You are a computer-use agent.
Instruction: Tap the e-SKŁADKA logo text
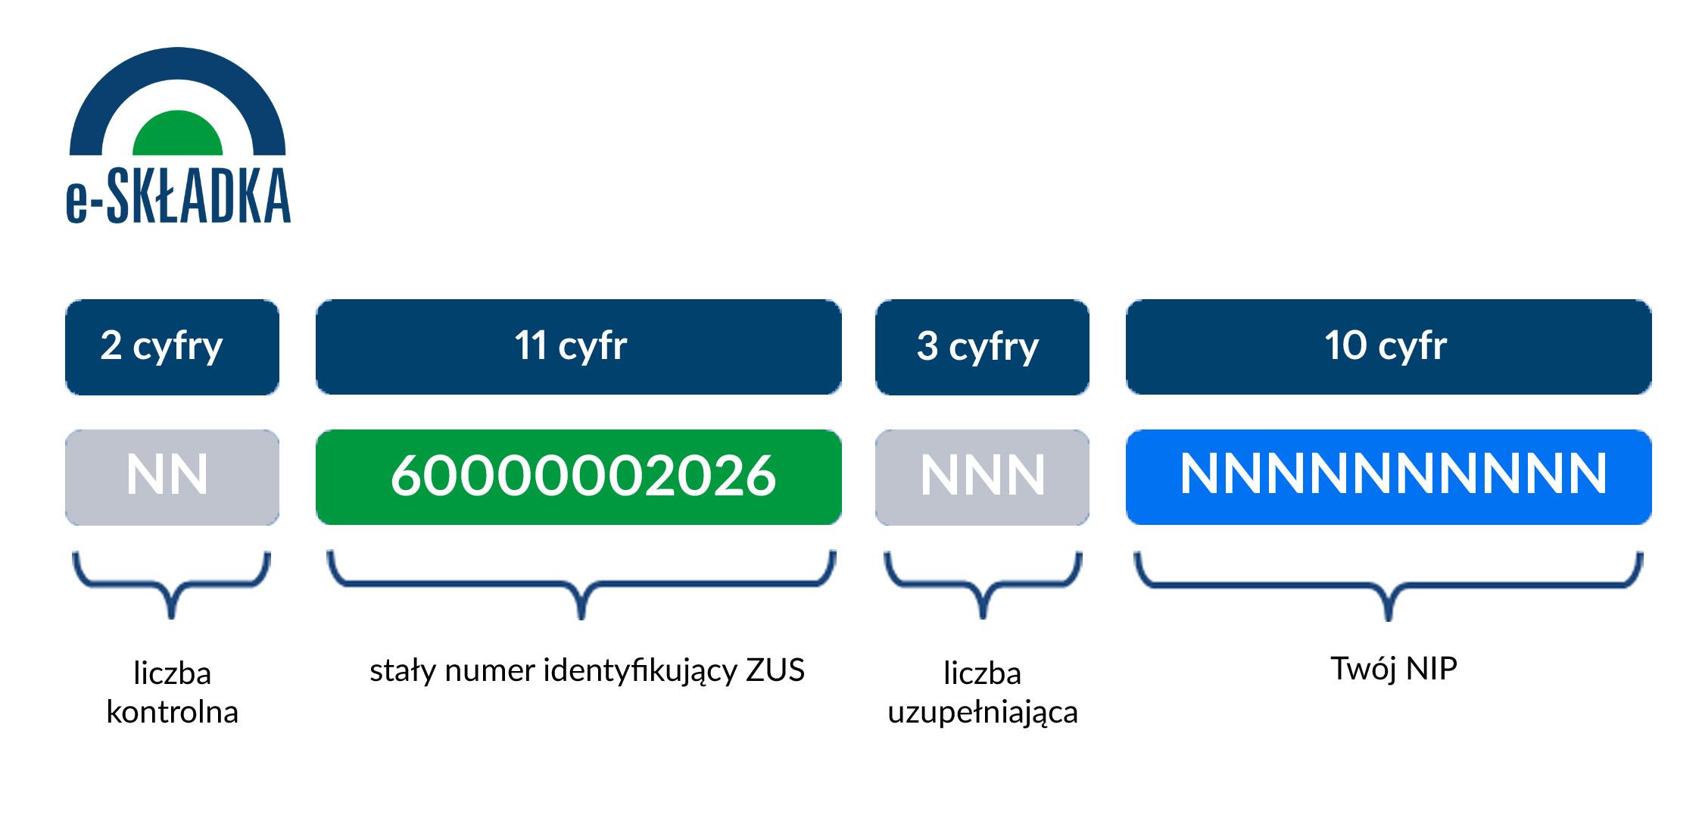coord(179,196)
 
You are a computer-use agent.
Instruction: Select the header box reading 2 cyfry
coord(172,347)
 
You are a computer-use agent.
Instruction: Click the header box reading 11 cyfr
coord(578,347)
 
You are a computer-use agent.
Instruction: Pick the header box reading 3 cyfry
coord(982,347)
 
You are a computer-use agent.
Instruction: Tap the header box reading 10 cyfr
coord(1389,347)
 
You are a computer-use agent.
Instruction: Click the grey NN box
coord(172,477)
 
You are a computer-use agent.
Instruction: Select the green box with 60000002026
coord(578,477)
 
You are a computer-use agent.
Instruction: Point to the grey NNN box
coord(982,477)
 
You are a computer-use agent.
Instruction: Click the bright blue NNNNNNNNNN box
coord(1389,477)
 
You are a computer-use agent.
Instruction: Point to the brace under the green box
coord(581,585)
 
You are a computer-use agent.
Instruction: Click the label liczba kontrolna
coord(172,692)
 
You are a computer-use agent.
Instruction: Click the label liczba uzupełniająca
coord(983,692)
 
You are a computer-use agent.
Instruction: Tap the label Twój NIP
coord(1394,669)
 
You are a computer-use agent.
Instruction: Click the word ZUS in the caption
coord(775,670)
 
